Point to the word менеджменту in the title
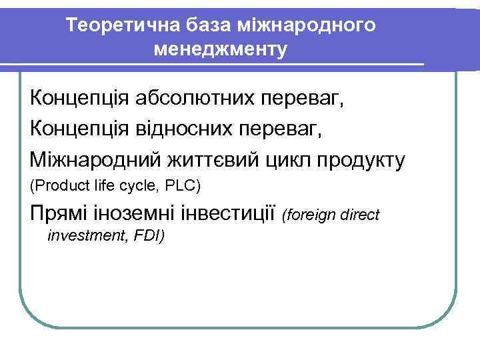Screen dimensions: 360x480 [x=220, y=49]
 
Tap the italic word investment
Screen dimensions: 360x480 [x=85, y=235]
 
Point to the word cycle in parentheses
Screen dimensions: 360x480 [x=138, y=185]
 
